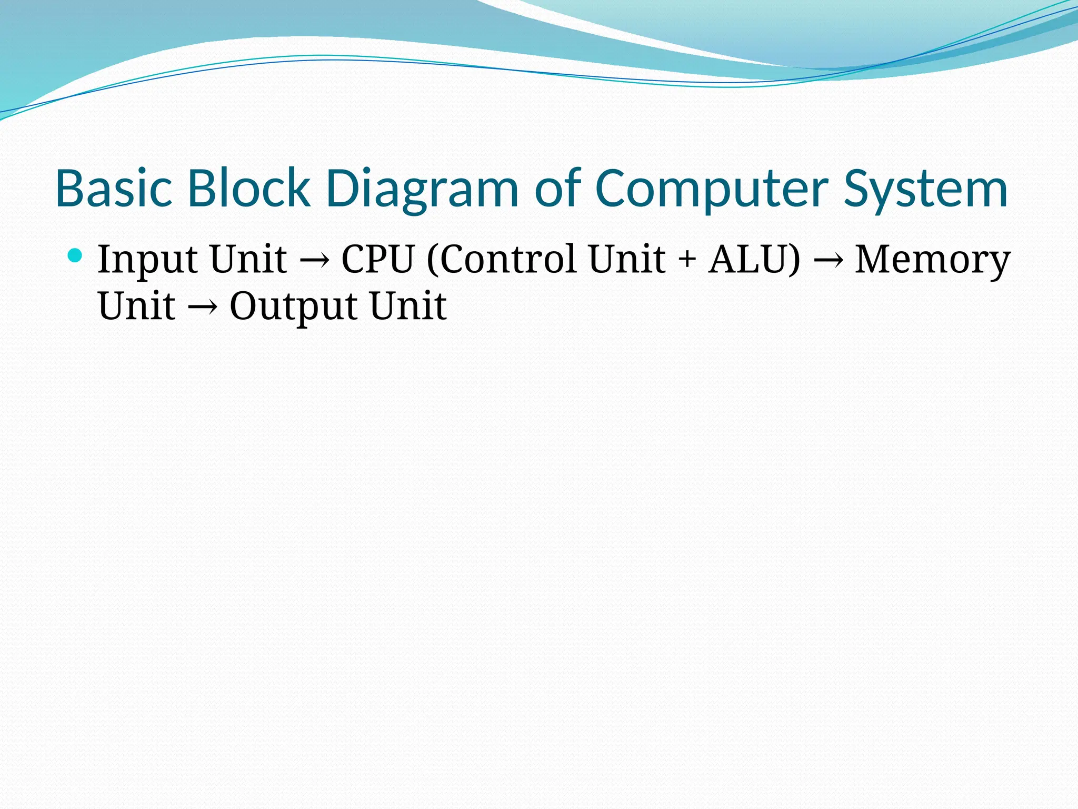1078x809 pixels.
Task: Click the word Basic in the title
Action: (114, 189)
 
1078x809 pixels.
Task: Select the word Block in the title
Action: (248, 189)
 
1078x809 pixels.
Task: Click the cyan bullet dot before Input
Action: (75, 256)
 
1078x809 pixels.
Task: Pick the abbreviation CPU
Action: (378, 259)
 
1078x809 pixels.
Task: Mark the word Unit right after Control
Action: (626, 259)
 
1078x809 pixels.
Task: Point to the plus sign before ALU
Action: (687, 260)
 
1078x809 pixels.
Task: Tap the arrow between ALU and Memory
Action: (827, 260)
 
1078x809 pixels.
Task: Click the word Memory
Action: (932, 260)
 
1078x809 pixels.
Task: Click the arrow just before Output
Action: (202, 307)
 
